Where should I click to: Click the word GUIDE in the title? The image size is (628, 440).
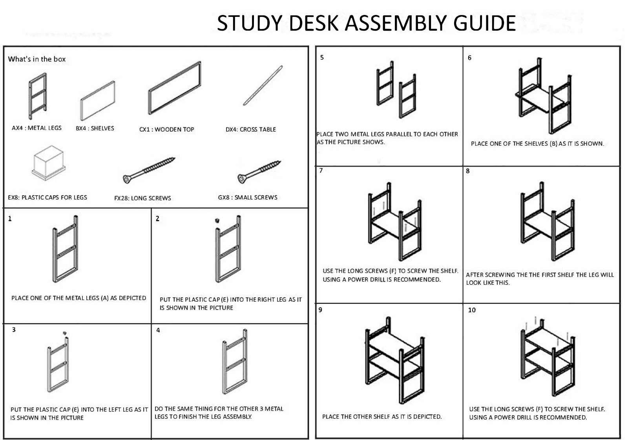484,23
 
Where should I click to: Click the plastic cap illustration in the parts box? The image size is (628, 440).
49,163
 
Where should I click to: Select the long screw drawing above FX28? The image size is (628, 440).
149,170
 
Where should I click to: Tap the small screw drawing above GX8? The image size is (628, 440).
259,172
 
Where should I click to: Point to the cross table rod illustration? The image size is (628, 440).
263,85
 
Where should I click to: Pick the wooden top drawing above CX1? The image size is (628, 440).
175,88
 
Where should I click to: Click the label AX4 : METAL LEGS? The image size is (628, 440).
37,128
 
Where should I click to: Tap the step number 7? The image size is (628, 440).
321,170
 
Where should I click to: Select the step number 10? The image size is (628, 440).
472,310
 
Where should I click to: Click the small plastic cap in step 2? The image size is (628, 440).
217,220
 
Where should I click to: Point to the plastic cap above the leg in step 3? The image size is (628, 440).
65,333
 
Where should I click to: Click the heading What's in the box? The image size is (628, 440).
37,59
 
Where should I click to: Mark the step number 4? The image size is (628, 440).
158,330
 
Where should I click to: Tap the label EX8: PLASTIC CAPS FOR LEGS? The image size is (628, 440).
47,198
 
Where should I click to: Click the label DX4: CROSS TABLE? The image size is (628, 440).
251,129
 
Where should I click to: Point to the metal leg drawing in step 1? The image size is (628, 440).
65,249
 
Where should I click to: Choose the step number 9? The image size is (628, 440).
320,310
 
